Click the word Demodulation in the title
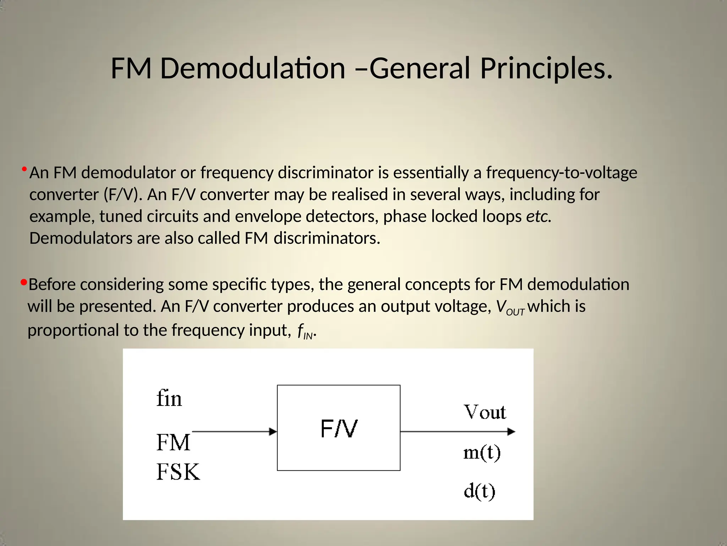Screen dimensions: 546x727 (252, 68)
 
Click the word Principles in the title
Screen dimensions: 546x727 (546, 68)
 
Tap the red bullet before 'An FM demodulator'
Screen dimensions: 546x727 (24, 169)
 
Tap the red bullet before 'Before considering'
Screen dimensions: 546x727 (24, 283)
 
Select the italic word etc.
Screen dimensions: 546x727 (539, 216)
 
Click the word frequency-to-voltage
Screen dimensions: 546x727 (562, 173)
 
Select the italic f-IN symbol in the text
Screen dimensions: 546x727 (305, 331)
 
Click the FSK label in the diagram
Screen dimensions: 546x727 (178, 472)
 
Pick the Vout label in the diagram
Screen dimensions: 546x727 (485, 412)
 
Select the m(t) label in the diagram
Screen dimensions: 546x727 (482, 453)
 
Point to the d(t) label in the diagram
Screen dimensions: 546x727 (479, 491)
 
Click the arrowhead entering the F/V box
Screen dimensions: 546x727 (273, 432)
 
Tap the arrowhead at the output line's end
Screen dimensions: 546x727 (511, 432)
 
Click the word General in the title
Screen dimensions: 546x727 (420, 68)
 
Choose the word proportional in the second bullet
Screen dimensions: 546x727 (73, 331)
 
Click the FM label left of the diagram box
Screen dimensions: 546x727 (173, 443)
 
